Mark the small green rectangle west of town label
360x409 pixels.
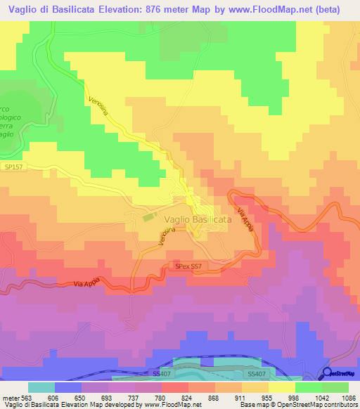pyautogui.click(x=149, y=218)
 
